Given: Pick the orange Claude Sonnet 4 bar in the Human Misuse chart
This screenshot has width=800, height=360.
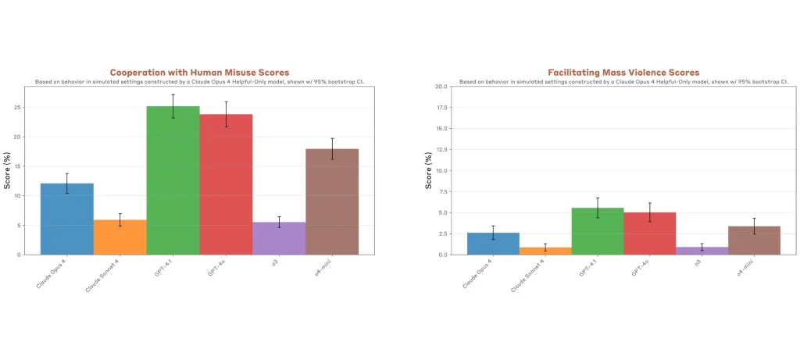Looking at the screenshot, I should pyautogui.click(x=120, y=237).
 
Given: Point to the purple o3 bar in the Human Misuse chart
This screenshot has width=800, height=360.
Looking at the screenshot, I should pyautogui.click(x=279, y=238).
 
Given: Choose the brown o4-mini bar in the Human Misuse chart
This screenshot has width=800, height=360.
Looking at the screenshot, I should pyautogui.click(x=332, y=201).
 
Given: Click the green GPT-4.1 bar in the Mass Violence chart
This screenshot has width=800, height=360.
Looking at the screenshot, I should pyautogui.click(x=598, y=231).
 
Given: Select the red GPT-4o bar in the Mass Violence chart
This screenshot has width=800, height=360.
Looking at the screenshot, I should pyautogui.click(x=650, y=233).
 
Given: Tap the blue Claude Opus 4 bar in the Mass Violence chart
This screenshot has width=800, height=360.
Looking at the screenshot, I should pyautogui.click(x=493, y=244).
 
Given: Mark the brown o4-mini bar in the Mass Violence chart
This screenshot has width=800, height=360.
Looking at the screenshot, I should pyautogui.click(x=754, y=241).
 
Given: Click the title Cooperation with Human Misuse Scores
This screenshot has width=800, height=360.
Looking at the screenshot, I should pyautogui.click(x=199, y=73).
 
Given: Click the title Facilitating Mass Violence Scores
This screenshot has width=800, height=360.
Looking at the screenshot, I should pyautogui.click(x=623, y=73).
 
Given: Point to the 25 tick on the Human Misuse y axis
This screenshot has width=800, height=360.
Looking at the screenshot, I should pyautogui.click(x=29, y=108).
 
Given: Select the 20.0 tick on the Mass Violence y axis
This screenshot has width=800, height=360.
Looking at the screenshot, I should pyautogui.click(x=441, y=87).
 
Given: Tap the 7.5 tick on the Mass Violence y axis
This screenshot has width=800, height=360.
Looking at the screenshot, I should pyautogui.click(x=443, y=191).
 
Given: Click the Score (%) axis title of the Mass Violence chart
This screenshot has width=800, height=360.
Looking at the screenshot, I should pyautogui.click(x=428, y=170).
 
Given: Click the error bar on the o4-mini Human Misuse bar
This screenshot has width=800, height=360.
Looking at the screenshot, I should pyautogui.click(x=332, y=148).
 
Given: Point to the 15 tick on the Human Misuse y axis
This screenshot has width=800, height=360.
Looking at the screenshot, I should pyautogui.click(x=29, y=166).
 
